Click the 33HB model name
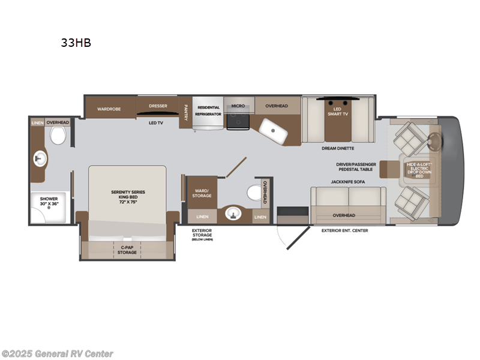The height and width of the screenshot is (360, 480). (x=76, y=43)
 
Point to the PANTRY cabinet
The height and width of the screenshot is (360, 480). (x=186, y=112)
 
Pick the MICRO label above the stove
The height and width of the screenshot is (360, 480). (x=238, y=106)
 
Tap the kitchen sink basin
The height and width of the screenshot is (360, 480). (x=273, y=130)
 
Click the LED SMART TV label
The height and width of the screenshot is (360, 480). (x=337, y=111)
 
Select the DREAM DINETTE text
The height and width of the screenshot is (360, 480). (x=338, y=148)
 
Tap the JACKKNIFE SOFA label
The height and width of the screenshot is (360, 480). (x=347, y=181)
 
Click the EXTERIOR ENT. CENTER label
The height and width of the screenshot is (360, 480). (x=345, y=230)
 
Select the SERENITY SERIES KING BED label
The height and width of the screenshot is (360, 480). (x=128, y=196)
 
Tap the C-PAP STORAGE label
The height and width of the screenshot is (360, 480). (x=127, y=249)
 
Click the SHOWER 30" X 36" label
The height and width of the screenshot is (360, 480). (x=49, y=201)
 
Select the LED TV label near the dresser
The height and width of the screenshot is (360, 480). (x=156, y=122)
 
